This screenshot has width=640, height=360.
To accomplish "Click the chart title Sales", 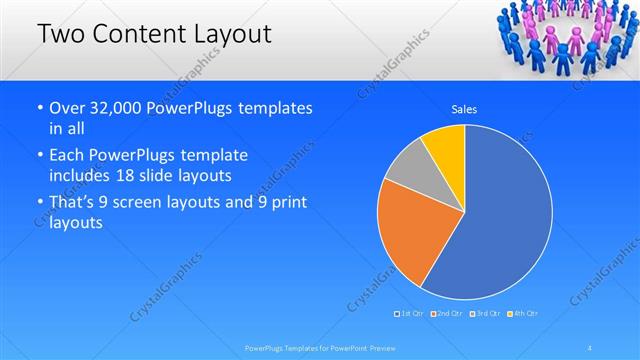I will (x=463, y=108).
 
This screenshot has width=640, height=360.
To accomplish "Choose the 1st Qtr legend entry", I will (x=410, y=314).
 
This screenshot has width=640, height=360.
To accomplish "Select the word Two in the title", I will (x=59, y=34).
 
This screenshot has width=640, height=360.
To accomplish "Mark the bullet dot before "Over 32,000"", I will (x=39, y=108).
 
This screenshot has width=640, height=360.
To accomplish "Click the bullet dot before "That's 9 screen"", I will (x=39, y=203).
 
